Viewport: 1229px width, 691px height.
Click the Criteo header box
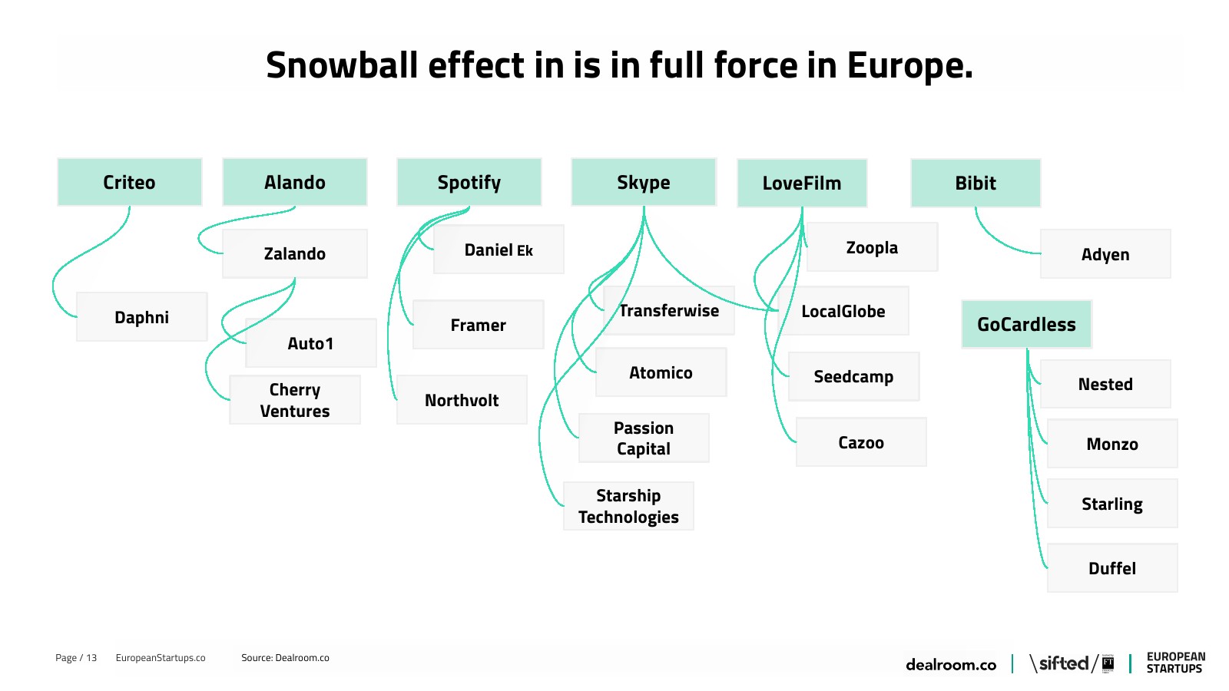pos(130,182)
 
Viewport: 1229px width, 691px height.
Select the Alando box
pos(295,182)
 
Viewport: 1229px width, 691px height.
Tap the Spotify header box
pos(469,182)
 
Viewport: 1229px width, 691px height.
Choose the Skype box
pos(644,182)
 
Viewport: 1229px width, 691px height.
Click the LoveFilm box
pos(802,183)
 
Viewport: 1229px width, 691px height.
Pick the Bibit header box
pos(976,183)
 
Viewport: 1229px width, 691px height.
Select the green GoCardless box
pos(1026,324)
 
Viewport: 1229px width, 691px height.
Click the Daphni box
pos(142,317)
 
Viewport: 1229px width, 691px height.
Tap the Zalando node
pos(295,253)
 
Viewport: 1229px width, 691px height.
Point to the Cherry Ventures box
pos(295,400)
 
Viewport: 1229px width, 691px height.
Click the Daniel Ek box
pos(499,250)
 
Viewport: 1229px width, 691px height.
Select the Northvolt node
pos(462,400)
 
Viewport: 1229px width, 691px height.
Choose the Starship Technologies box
pos(629,506)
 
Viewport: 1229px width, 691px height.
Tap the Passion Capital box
pos(644,438)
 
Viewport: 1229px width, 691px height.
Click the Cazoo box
pos(861,442)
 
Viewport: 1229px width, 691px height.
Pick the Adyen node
pos(1105,254)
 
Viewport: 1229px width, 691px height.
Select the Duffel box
pos(1112,568)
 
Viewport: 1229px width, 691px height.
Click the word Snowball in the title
pos(342,65)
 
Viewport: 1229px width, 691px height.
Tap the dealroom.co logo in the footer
pos(951,665)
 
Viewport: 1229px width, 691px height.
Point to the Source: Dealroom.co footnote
pos(285,657)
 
